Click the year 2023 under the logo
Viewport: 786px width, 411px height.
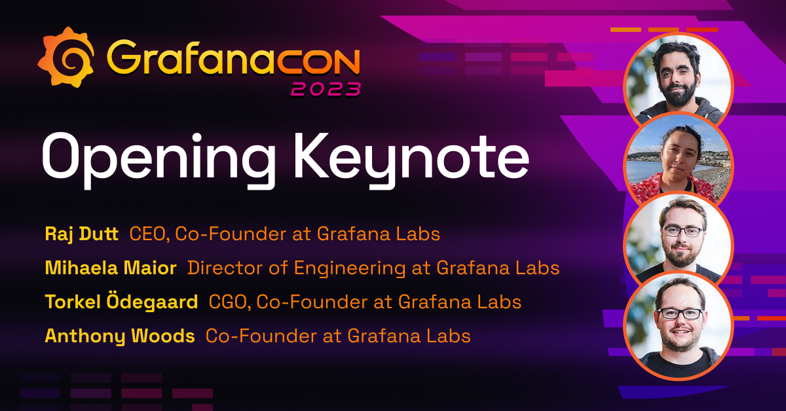[326, 88]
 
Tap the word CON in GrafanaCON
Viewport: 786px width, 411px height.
[317, 59]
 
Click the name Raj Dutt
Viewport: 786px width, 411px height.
[81, 234]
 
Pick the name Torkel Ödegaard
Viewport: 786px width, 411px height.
[121, 302]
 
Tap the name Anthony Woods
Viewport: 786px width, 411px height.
[119, 336]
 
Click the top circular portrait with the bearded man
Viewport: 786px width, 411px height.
[678, 79]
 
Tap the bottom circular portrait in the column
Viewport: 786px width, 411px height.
[678, 324]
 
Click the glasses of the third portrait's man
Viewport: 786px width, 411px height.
[681, 230]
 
